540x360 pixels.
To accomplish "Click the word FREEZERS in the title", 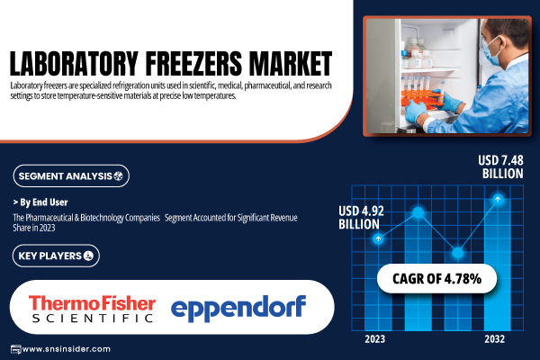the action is [193, 63].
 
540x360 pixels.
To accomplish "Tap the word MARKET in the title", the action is [291, 63].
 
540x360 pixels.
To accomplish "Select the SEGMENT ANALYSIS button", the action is [71, 176].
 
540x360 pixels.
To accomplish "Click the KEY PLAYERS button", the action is [56, 256].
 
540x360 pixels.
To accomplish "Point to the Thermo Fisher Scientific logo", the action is [92, 309].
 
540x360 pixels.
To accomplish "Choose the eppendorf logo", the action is [238, 309].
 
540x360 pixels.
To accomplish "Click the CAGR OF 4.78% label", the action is [436, 279].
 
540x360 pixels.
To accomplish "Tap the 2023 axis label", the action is [374, 339].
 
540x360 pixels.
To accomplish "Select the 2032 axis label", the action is [494, 339].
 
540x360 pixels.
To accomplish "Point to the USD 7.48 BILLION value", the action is [500, 166].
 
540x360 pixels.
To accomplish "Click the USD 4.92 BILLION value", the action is [361, 218].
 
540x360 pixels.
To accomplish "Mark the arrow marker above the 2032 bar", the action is [498, 199].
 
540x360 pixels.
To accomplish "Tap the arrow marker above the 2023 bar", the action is [378, 238].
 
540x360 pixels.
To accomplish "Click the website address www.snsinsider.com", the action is [66, 349].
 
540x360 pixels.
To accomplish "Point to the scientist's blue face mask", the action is [490, 52].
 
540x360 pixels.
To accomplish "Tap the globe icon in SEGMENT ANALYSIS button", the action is [118, 176].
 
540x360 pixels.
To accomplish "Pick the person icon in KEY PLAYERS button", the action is [88, 256].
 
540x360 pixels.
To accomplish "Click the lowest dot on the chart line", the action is [457, 253].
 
